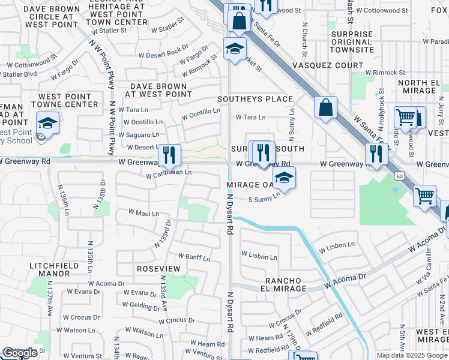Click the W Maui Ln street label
144,213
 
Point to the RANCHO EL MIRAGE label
286,284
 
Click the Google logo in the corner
20,353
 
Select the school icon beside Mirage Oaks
285,178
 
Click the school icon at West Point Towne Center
47,122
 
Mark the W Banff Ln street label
193,259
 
